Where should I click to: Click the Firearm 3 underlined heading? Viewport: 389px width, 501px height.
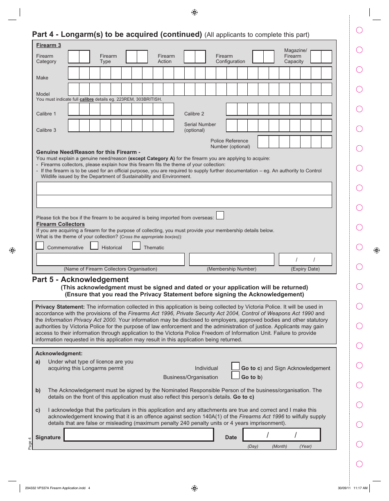click(x=48, y=45)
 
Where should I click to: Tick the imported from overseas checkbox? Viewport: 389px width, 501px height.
click(x=220, y=215)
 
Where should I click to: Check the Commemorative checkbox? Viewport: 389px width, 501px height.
click(x=40, y=246)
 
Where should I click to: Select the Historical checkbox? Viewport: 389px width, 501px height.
click(x=94, y=246)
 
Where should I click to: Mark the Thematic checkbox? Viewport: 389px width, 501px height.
click(x=136, y=246)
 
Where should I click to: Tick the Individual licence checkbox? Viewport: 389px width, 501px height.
click(x=235, y=366)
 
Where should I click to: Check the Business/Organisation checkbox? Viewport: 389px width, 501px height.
click(x=235, y=375)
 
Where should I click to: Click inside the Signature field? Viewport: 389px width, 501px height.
click(x=139, y=435)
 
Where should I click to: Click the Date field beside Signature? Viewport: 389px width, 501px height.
click(x=282, y=435)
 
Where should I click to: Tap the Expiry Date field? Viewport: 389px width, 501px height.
click(x=305, y=260)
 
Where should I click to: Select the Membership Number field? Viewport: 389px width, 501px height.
click(x=231, y=260)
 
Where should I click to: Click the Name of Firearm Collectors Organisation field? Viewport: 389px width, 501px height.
click(x=110, y=260)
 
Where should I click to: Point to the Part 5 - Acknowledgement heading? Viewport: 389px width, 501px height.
click(x=80, y=280)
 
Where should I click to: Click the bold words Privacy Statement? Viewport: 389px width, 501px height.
click(x=60, y=307)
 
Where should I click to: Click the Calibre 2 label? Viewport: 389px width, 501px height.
click(x=194, y=114)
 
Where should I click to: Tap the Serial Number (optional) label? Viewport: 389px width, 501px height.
click(x=200, y=127)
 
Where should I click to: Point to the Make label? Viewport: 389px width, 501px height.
click(x=42, y=78)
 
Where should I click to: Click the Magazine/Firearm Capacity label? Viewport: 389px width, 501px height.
click(x=295, y=56)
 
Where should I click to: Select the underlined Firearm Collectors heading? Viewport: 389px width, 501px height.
click(x=61, y=224)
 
